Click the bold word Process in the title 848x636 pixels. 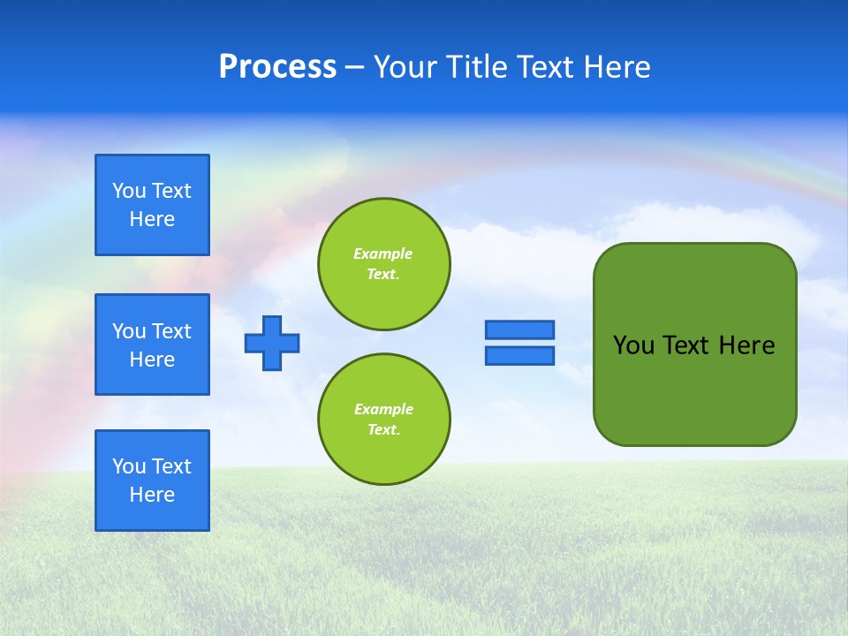[277, 67]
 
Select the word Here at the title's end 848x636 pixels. [618, 67]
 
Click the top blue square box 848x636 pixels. [152, 205]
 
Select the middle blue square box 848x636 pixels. [152, 344]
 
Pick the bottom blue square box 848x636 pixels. [152, 481]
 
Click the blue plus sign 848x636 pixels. [272, 343]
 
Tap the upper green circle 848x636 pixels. [383, 264]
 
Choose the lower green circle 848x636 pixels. [383, 420]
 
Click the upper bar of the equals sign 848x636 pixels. [519, 329]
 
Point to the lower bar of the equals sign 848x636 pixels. [519, 356]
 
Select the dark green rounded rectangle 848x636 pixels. [694, 344]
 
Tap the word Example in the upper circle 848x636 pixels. [383, 254]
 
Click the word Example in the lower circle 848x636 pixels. [383, 409]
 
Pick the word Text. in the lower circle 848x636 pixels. [383, 430]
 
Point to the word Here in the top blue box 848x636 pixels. [152, 219]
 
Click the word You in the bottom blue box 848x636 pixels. [129, 466]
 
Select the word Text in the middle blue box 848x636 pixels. [171, 331]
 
